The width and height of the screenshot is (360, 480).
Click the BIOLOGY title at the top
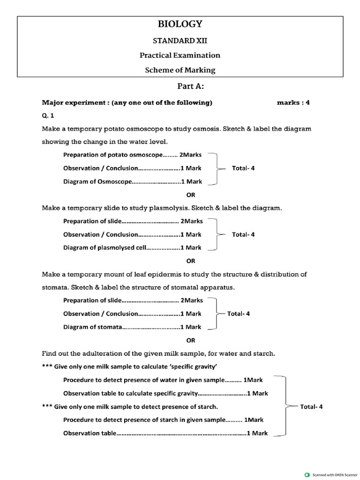tap(180, 24)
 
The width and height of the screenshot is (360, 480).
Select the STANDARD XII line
tap(180, 40)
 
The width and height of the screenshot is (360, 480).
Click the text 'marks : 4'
tap(293, 103)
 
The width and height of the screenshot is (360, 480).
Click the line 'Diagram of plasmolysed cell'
tap(133, 247)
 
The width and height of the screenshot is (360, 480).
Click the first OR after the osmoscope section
tap(191, 195)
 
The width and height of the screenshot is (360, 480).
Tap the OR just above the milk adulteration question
tap(191, 340)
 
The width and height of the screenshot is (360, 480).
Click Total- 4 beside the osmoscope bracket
tap(243, 168)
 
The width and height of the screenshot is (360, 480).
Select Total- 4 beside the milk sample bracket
tap(311, 407)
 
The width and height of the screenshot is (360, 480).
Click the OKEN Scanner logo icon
tap(307, 474)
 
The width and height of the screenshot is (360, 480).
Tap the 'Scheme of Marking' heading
tap(180, 70)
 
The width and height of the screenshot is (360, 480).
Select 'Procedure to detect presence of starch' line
tap(145, 420)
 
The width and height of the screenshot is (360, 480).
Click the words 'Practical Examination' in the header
tap(180, 55)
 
